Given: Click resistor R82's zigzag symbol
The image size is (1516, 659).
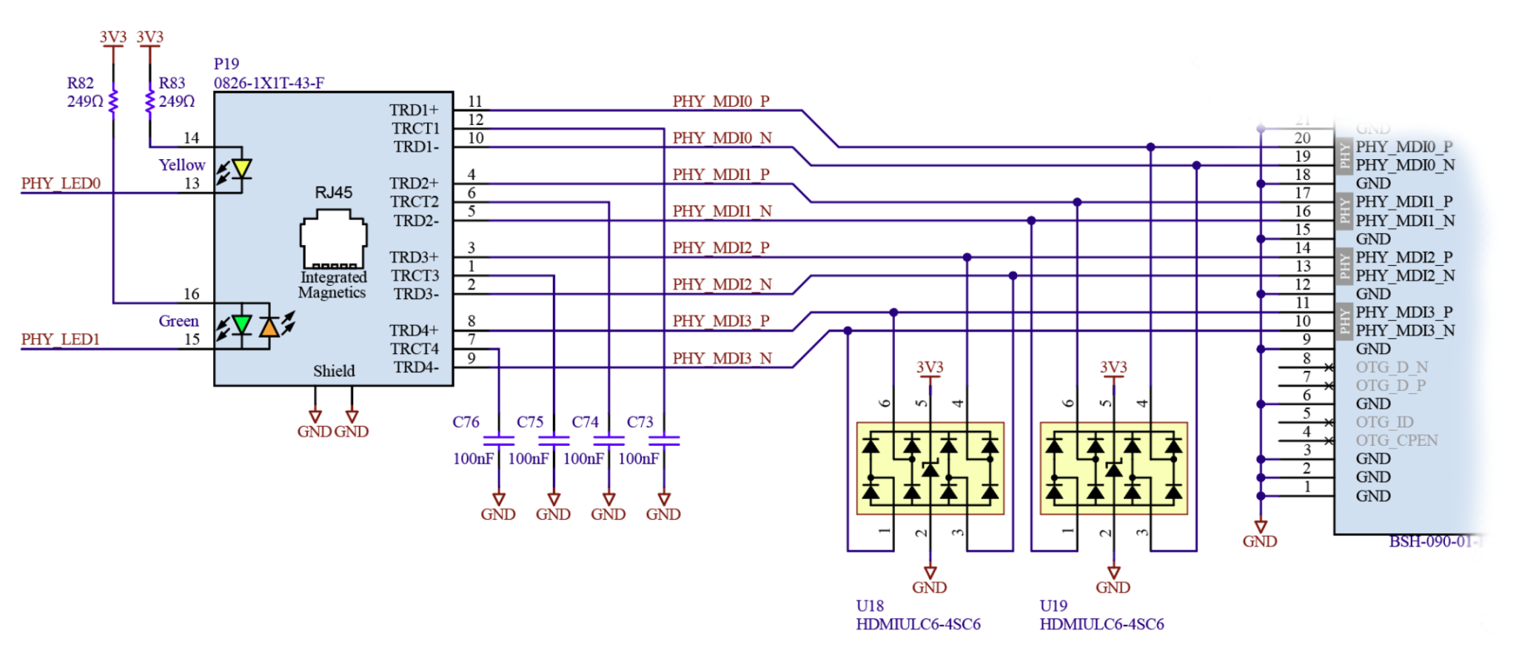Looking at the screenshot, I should pyautogui.click(x=113, y=102).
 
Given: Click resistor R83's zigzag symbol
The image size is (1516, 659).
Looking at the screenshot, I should pyautogui.click(x=150, y=102).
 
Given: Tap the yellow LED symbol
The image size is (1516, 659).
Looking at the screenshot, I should pyautogui.click(x=241, y=169).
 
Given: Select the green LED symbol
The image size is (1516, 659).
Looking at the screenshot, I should pyautogui.click(x=241, y=324).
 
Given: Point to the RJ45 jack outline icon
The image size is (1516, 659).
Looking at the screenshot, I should pyautogui.click(x=333, y=238).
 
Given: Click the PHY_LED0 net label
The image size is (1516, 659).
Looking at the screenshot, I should pyautogui.click(x=61, y=183).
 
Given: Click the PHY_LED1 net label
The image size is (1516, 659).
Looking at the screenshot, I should pyautogui.click(x=60, y=339).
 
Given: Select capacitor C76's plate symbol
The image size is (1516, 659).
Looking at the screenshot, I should pyautogui.click(x=498, y=440).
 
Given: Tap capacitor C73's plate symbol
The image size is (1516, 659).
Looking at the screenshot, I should pyautogui.click(x=664, y=440).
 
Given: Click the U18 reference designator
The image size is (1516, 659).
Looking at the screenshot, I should pyautogui.click(x=870, y=606).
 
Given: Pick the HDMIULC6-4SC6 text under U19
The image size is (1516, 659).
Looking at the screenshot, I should pyautogui.click(x=1101, y=624).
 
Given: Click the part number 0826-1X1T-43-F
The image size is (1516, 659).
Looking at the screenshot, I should pyautogui.click(x=269, y=83).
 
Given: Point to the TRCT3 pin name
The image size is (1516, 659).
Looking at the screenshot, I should pyautogui.click(x=415, y=275).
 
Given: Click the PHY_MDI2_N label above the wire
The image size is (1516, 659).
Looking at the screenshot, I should pyautogui.click(x=722, y=284).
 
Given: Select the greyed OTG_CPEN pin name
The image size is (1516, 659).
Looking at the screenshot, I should pyautogui.click(x=1396, y=440).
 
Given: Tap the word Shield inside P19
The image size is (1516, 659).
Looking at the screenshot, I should pyautogui.click(x=333, y=371).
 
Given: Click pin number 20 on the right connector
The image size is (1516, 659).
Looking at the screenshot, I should pyautogui.click(x=1302, y=138).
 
